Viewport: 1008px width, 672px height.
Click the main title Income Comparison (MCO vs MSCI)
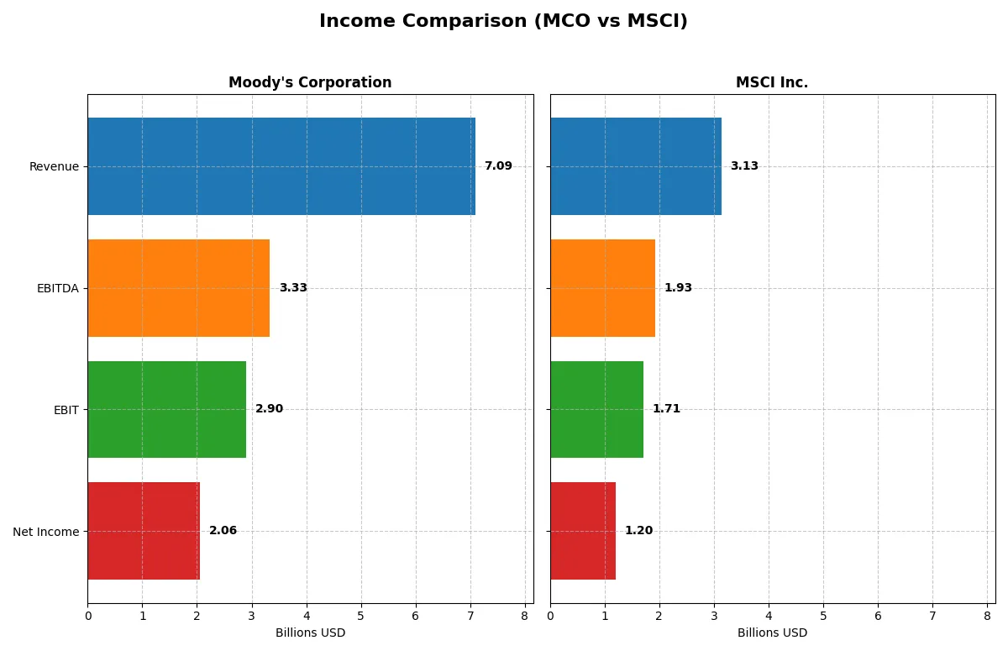(x=503, y=22)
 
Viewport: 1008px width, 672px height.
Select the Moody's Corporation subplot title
(x=310, y=82)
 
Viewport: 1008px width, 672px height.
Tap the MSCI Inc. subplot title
(x=772, y=82)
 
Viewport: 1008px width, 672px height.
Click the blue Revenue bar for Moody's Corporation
(x=281, y=166)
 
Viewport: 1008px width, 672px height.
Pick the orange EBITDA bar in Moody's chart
(x=178, y=288)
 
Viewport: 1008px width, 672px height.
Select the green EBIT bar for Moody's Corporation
(x=166, y=409)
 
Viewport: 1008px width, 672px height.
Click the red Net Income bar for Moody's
(x=144, y=531)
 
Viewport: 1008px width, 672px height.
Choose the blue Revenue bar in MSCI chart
(x=636, y=166)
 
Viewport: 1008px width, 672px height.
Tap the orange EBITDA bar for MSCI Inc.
(x=602, y=288)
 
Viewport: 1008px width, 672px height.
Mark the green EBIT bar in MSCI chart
(x=596, y=409)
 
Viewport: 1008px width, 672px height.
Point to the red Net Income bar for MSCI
(x=583, y=531)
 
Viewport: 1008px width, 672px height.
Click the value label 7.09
(x=498, y=166)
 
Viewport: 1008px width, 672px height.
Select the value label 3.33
(x=293, y=288)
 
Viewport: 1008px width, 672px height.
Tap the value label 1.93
(x=678, y=288)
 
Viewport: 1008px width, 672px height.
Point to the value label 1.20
(x=638, y=531)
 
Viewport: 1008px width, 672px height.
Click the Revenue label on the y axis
(x=54, y=166)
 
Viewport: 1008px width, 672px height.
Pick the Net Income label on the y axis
(x=46, y=532)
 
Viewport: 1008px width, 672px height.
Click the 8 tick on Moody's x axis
(x=525, y=616)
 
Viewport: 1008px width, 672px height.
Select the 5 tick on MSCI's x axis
(x=823, y=616)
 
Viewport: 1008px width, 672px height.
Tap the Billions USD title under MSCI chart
(x=772, y=633)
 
